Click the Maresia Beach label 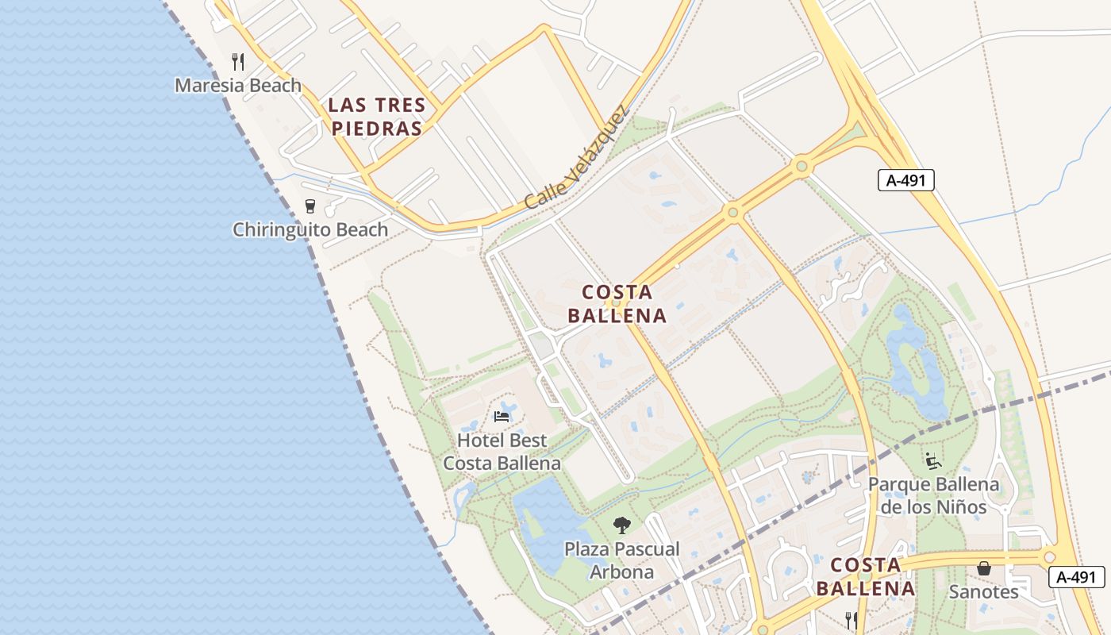(x=238, y=85)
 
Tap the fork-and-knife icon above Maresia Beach (x=237, y=61)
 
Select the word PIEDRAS (x=377, y=129)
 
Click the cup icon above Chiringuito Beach (x=310, y=206)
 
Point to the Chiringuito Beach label (x=310, y=230)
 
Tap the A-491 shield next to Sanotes (x=1076, y=577)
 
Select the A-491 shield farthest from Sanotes (x=906, y=180)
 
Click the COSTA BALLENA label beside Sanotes (x=866, y=577)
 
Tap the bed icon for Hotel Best (x=502, y=416)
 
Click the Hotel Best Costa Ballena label (x=502, y=452)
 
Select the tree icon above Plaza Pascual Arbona (x=622, y=525)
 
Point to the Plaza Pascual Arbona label (x=622, y=560)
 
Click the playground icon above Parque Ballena (x=933, y=460)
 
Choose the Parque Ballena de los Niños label (x=934, y=495)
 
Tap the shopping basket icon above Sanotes (x=984, y=568)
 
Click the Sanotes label (x=984, y=592)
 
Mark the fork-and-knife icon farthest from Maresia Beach (x=852, y=620)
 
